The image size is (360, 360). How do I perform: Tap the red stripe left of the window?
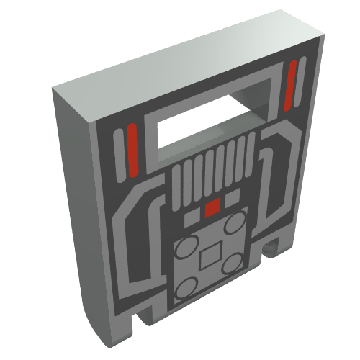coord(132,146)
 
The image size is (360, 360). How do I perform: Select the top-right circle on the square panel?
coord(232,224)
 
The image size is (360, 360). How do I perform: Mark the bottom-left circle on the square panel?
coord(184,288)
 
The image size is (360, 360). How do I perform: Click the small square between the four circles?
coord(210,256)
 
